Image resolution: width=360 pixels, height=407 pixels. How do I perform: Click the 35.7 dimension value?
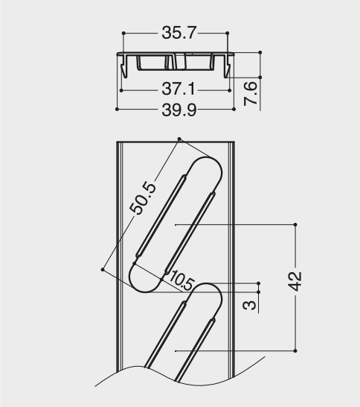pos(178,33)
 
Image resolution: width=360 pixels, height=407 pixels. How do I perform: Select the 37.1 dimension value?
pos(178,89)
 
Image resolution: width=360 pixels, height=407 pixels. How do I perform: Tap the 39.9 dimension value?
pos(179,110)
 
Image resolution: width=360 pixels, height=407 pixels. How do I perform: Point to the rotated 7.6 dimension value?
pos(251,93)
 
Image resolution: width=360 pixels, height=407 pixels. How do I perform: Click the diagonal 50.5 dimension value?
pos(143,198)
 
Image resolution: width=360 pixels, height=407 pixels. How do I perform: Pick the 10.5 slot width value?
pos(181,280)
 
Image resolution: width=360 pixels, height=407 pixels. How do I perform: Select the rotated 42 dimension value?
pos(295,281)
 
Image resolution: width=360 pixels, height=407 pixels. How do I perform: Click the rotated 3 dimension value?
pos(249,305)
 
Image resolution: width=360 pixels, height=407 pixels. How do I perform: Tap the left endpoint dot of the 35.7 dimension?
pos(123,33)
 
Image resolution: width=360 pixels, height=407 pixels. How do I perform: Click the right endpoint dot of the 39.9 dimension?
pos(234,110)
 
